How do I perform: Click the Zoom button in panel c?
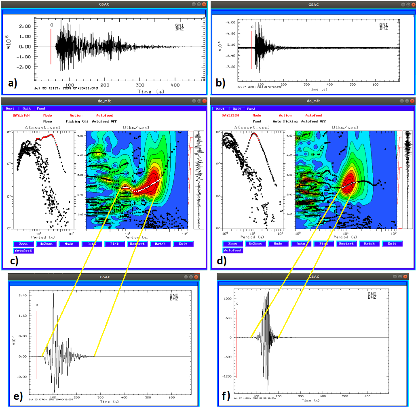tap(23, 244)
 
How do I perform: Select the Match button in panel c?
tap(160, 244)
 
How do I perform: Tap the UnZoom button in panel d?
tap(256, 244)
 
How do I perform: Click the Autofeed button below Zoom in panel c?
tap(23, 251)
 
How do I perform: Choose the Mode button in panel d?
tap(278, 244)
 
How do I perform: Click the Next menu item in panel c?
tap(10, 108)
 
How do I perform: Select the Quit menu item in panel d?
tap(237, 109)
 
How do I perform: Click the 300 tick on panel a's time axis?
tap(140, 85)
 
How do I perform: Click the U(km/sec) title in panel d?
tap(345, 128)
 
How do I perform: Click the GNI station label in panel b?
tap(383, 25)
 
